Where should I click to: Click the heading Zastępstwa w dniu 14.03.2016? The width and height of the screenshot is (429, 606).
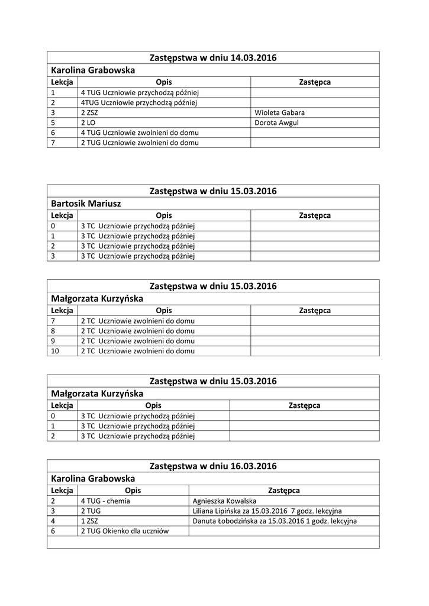213,57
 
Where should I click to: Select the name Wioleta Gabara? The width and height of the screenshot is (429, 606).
279,112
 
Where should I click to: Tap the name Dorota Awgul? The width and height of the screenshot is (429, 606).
277,123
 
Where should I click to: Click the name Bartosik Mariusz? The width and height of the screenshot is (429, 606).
86,203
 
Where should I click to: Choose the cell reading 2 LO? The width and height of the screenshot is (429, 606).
88,123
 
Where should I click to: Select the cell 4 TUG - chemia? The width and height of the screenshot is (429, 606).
105,501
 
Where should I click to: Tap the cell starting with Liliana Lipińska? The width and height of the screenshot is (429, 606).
267,511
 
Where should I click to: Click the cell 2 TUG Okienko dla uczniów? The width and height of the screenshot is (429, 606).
124,531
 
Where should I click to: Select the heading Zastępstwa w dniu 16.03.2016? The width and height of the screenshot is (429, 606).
213,466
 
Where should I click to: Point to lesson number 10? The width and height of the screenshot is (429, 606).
55,351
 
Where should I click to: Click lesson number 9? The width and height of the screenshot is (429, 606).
53,341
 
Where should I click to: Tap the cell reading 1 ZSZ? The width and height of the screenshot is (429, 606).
89,521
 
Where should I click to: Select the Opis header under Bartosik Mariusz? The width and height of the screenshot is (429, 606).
164,215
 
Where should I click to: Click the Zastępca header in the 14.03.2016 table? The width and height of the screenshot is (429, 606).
315,82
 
